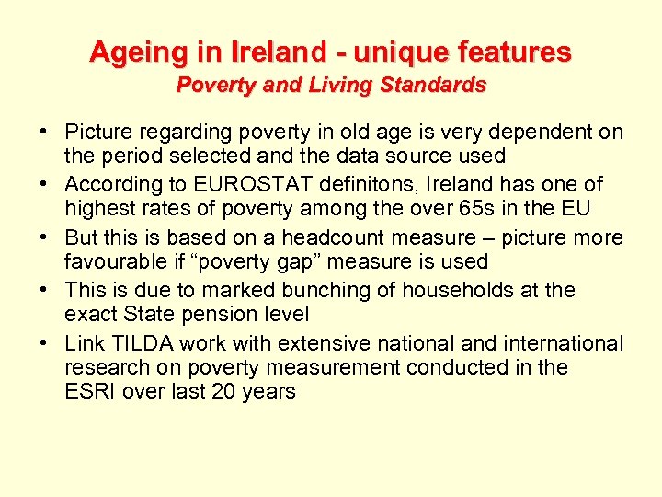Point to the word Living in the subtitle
click(x=341, y=86)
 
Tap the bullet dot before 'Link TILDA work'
click(x=45, y=344)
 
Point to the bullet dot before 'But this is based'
click(x=45, y=238)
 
